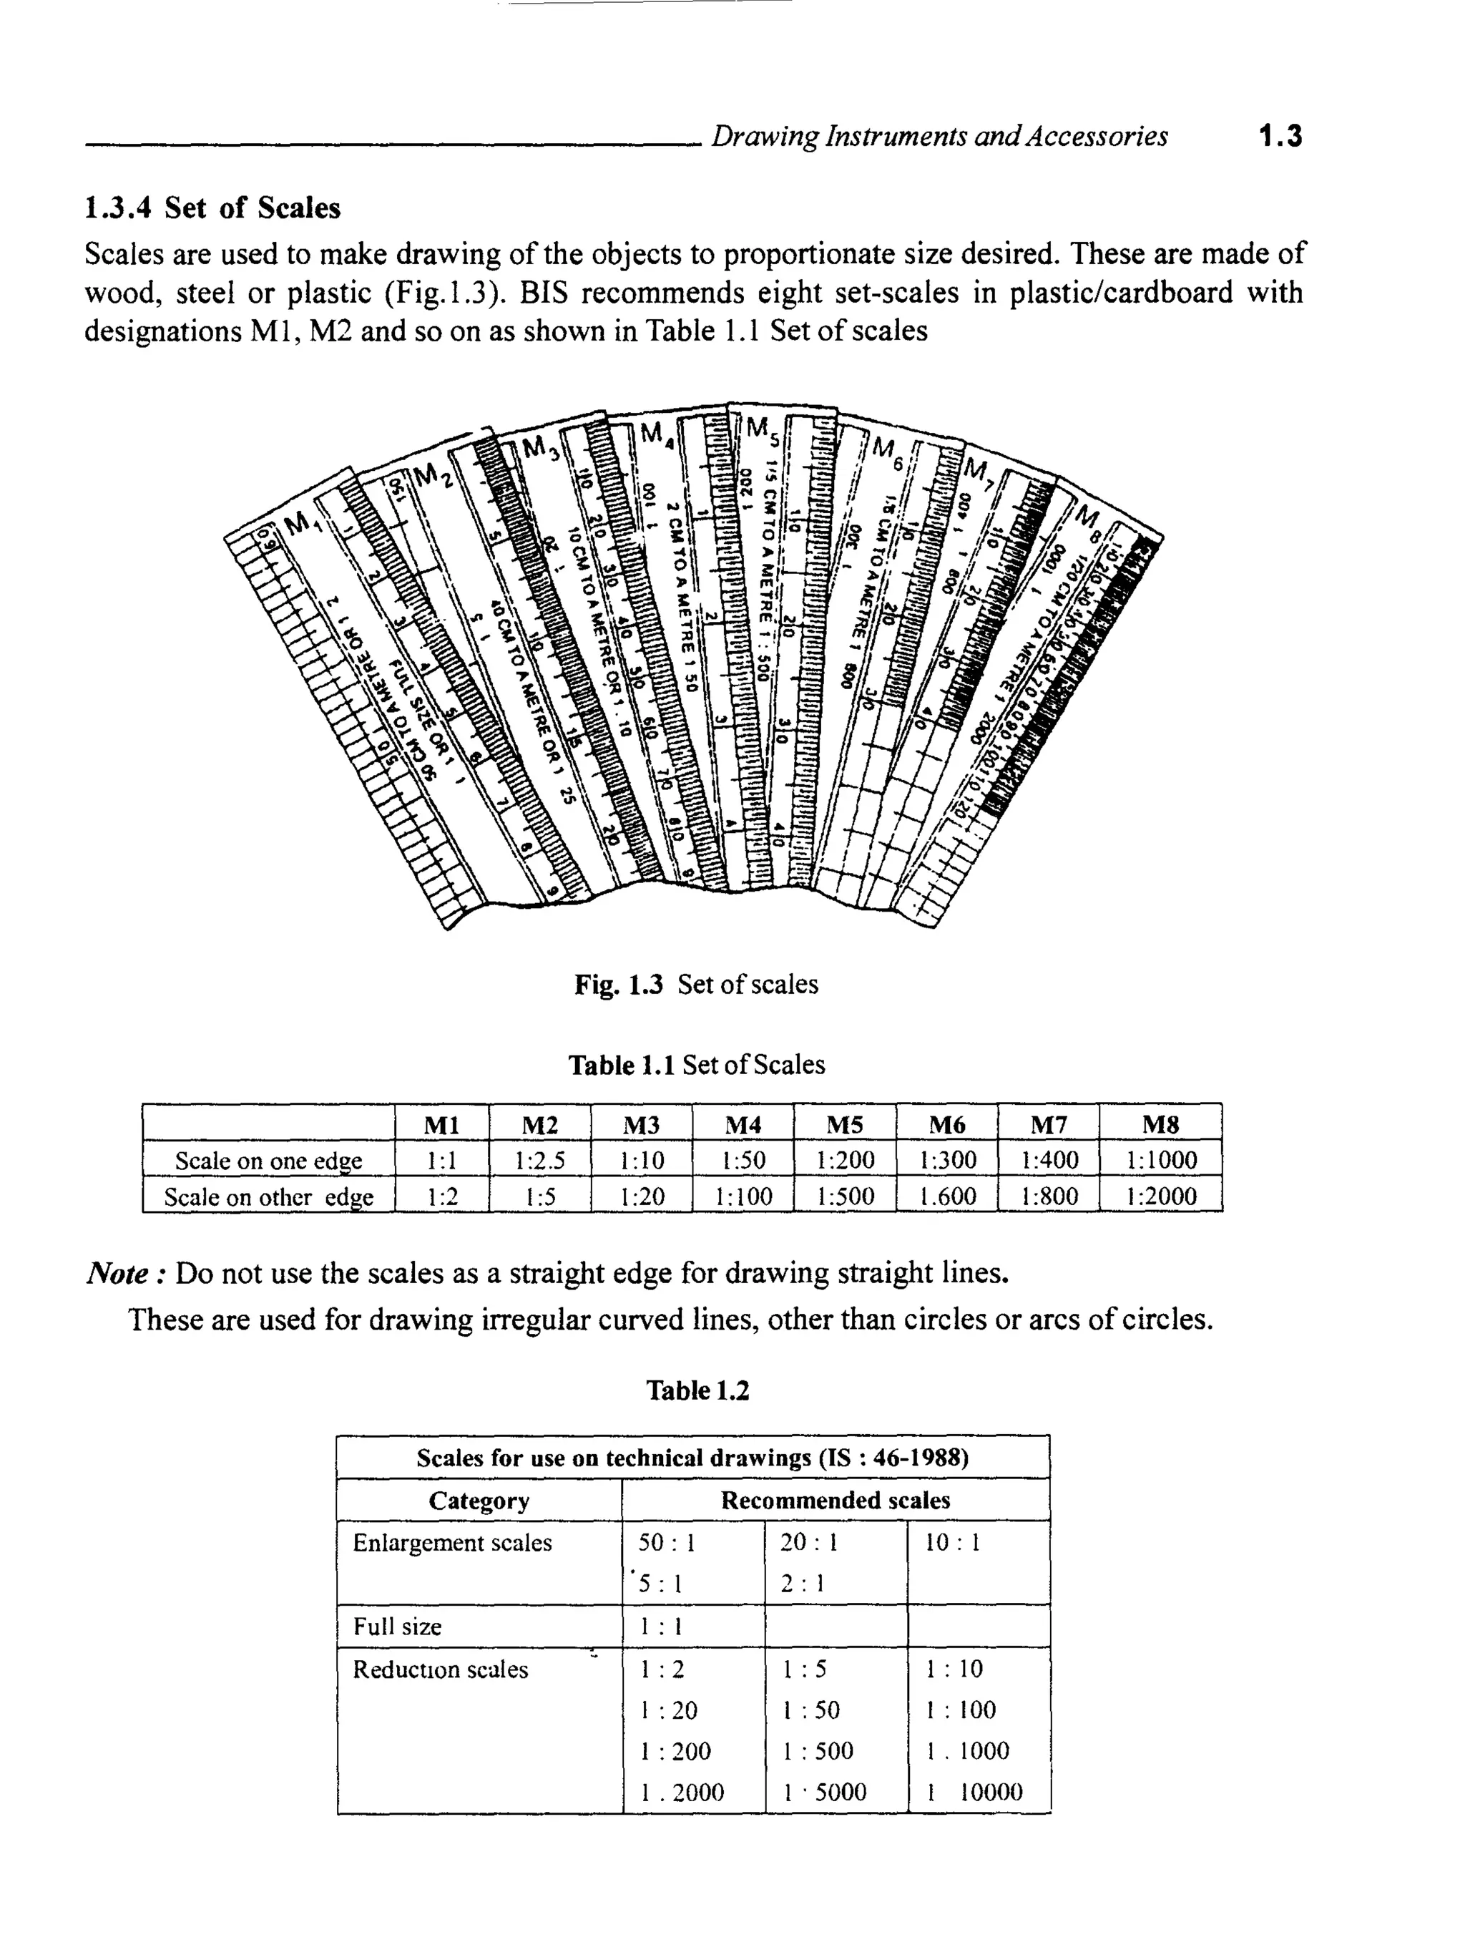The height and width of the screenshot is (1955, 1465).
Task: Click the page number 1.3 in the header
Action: tap(1280, 136)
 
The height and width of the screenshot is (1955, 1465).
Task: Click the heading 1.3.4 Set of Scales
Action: tap(212, 208)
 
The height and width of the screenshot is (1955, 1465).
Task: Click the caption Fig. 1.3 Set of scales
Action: tap(695, 984)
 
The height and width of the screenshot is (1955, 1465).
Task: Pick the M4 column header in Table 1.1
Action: tap(743, 1124)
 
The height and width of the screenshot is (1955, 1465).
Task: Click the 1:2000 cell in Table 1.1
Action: tap(1160, 1196)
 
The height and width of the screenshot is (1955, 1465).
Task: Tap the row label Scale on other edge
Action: tap(269, 1196)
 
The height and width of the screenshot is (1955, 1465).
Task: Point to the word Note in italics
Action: tap(117, 1274)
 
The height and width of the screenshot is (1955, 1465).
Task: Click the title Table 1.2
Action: tap(697, 1390)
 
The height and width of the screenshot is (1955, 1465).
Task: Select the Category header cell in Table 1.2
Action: tap(479, 1501)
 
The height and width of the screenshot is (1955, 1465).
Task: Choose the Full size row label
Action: tap(397, 1627)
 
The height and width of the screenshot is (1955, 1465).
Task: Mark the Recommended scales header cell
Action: tap(835, 1500)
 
